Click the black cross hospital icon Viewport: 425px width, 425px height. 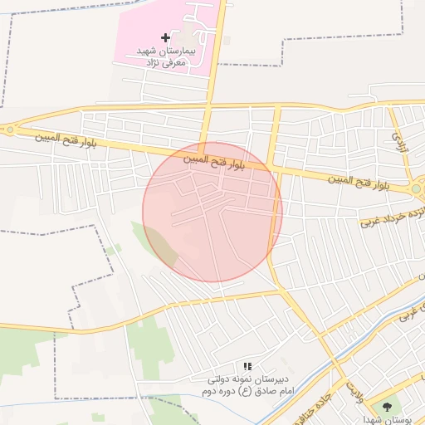[x=165, y=37]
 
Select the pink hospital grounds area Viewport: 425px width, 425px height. [x=149, y=25]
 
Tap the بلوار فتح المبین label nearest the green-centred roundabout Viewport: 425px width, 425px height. [x=356, y=179]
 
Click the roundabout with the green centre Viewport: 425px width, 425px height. [x=416, y=188]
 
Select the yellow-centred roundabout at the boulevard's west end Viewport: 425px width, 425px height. [x=9, y=129]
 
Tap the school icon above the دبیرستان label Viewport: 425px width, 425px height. [x=247, y=366]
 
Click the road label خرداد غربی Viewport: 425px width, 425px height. [x=390, y=215]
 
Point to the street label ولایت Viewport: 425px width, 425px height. [x=354, y=388]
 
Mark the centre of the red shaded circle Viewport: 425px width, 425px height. [x=212, y=212]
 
